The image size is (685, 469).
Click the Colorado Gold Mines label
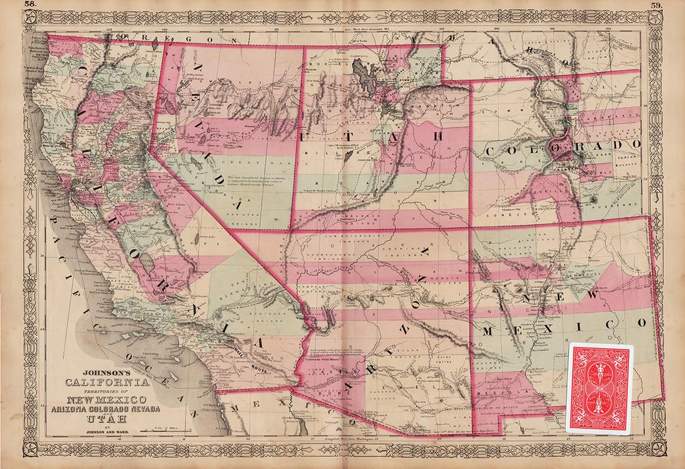click(x=326, y=358)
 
